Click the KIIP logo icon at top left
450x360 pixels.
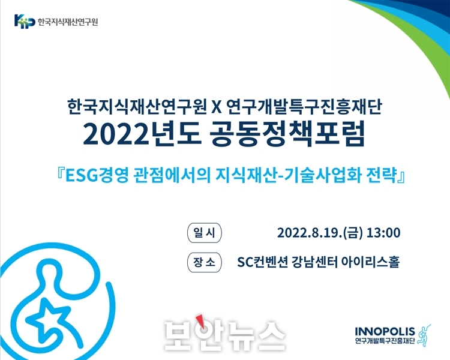point(25,21)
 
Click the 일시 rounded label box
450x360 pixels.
point(205,233)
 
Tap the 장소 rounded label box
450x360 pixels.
point(205,262)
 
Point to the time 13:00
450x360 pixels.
point(383,233)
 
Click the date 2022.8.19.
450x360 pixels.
point(310,233)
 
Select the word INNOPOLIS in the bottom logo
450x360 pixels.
point(385,332)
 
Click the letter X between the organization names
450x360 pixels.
point(217,107)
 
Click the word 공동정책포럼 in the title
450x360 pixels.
point(287,134)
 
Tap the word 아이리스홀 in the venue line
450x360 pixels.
point(370,262)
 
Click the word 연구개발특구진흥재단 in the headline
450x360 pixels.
point(304,107)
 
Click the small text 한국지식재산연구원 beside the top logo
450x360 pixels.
point(68,22)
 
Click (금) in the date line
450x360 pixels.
point(355,233)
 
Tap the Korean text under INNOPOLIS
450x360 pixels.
point(385,341)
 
